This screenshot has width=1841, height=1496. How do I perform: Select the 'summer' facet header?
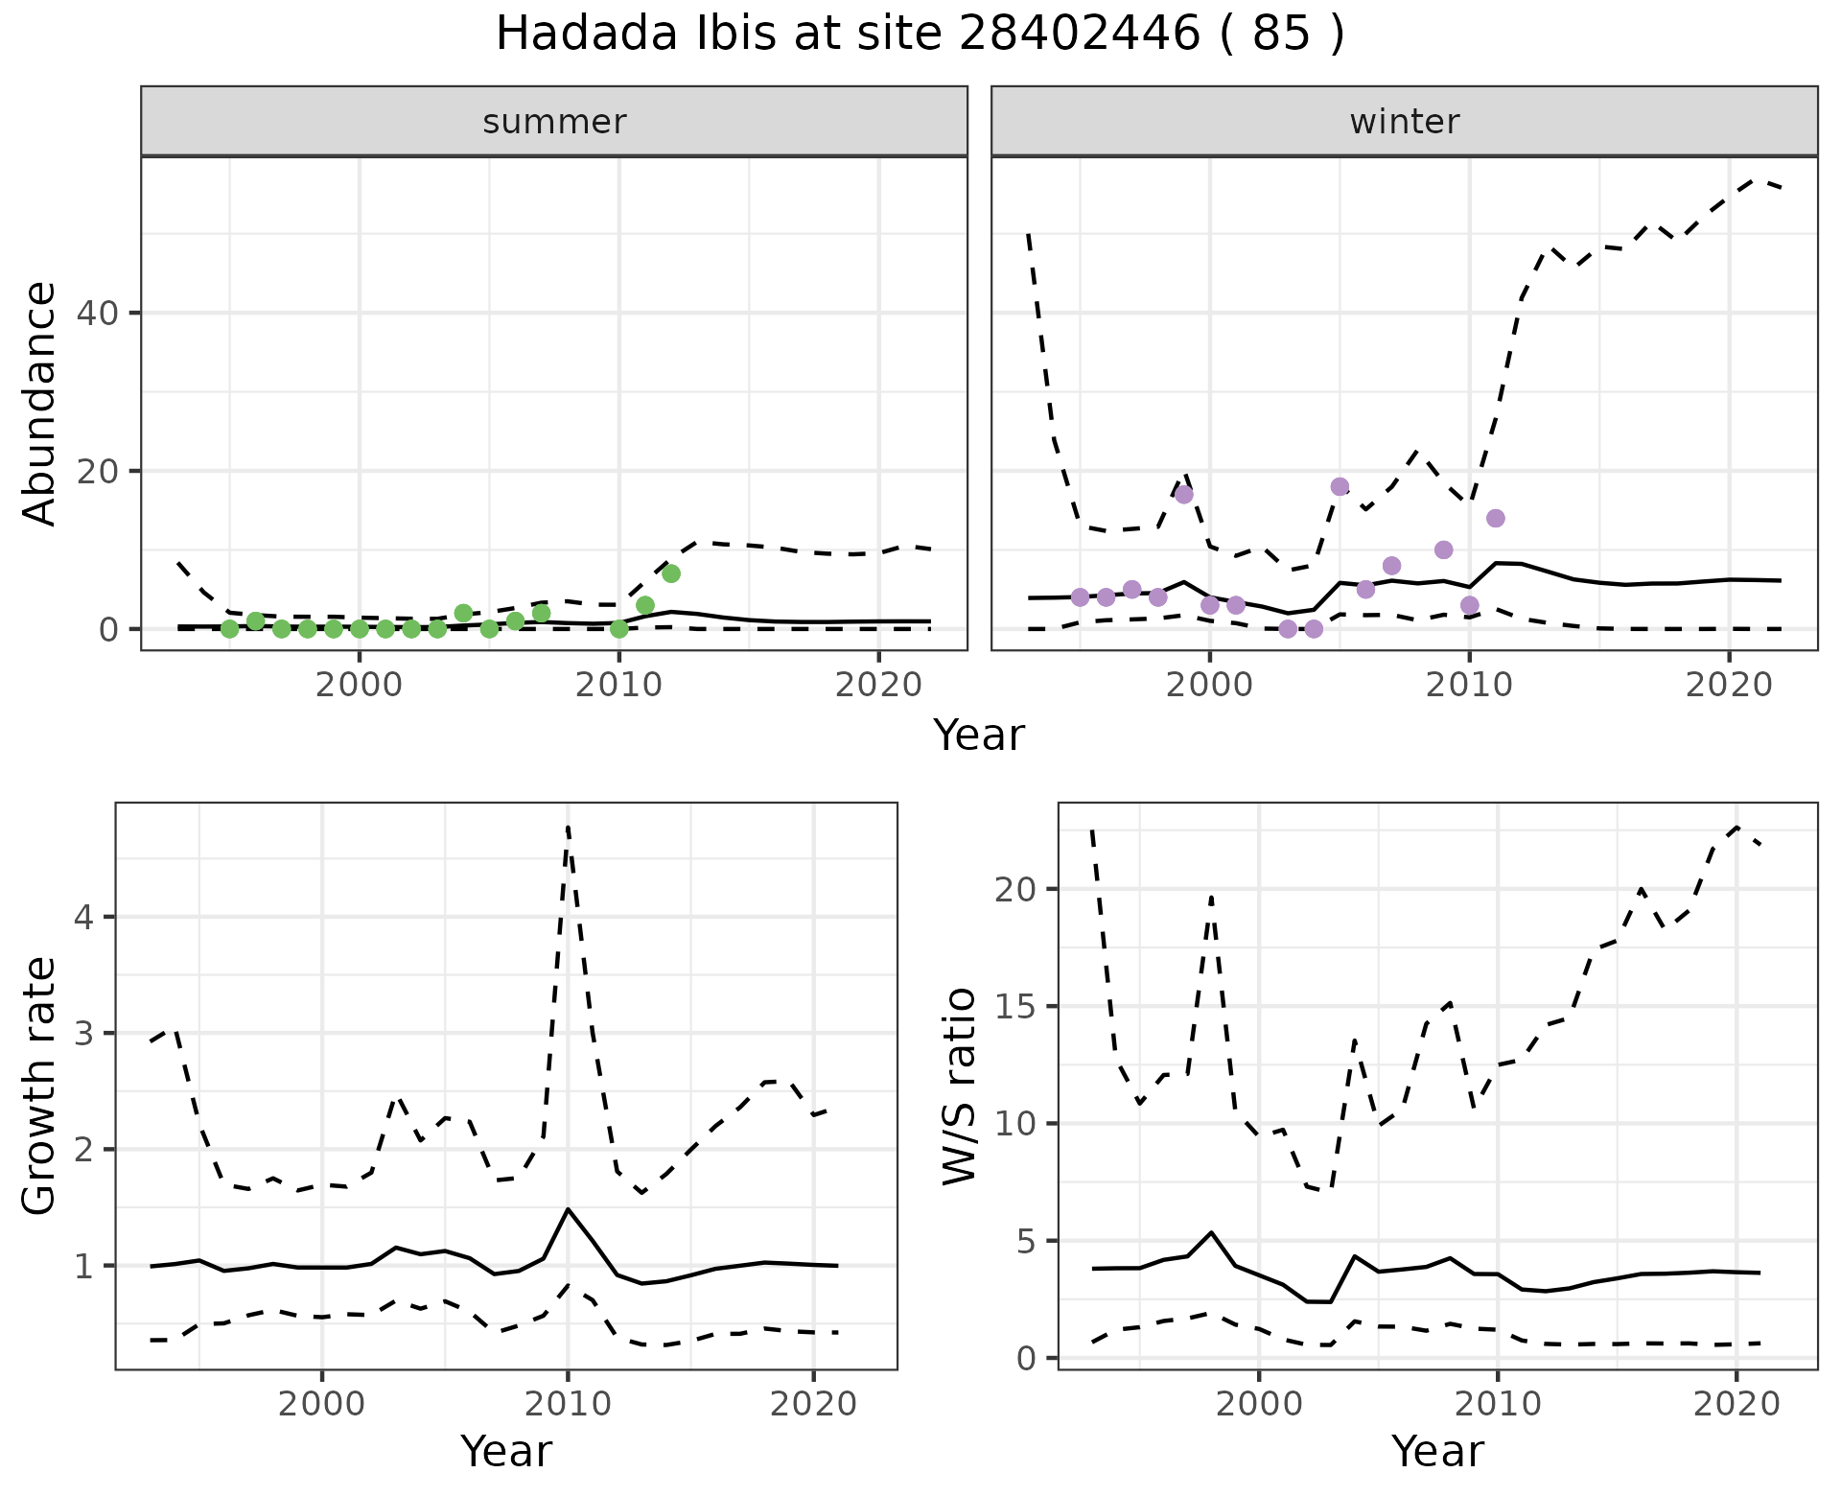point(554,122)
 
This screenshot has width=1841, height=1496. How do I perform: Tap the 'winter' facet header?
point(1404,122)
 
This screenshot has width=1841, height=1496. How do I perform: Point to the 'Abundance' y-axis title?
point(40,403)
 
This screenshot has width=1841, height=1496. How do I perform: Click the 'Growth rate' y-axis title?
point(40,1086)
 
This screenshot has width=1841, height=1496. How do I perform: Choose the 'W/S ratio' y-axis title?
point(959,1086)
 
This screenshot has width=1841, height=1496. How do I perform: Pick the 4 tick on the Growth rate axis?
point(84,918)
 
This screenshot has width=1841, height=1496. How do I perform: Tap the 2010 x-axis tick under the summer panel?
point(619,685)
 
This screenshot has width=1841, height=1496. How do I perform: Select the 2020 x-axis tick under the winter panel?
point(1728,685)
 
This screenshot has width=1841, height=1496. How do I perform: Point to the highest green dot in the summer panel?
point(671,573)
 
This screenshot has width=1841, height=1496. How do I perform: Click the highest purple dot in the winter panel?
point(1340,486)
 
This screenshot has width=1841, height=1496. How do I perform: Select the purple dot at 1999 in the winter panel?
point(1184,494)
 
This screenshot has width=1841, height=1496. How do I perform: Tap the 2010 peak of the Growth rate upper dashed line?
point(568,827)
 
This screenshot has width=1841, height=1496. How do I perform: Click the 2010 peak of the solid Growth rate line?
point(568,1209)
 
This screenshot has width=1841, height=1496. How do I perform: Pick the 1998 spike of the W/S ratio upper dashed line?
point(1212,898)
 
